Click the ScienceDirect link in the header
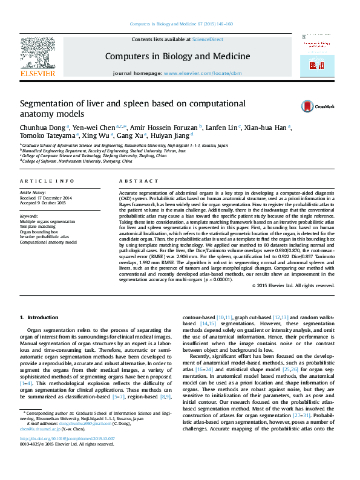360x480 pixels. click(x=208, y=39)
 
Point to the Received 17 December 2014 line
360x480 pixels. click(x=45, y=198)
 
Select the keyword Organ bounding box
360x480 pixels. click(x=39, y=232)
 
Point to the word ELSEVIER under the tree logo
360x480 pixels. click(x=38, y=73)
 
